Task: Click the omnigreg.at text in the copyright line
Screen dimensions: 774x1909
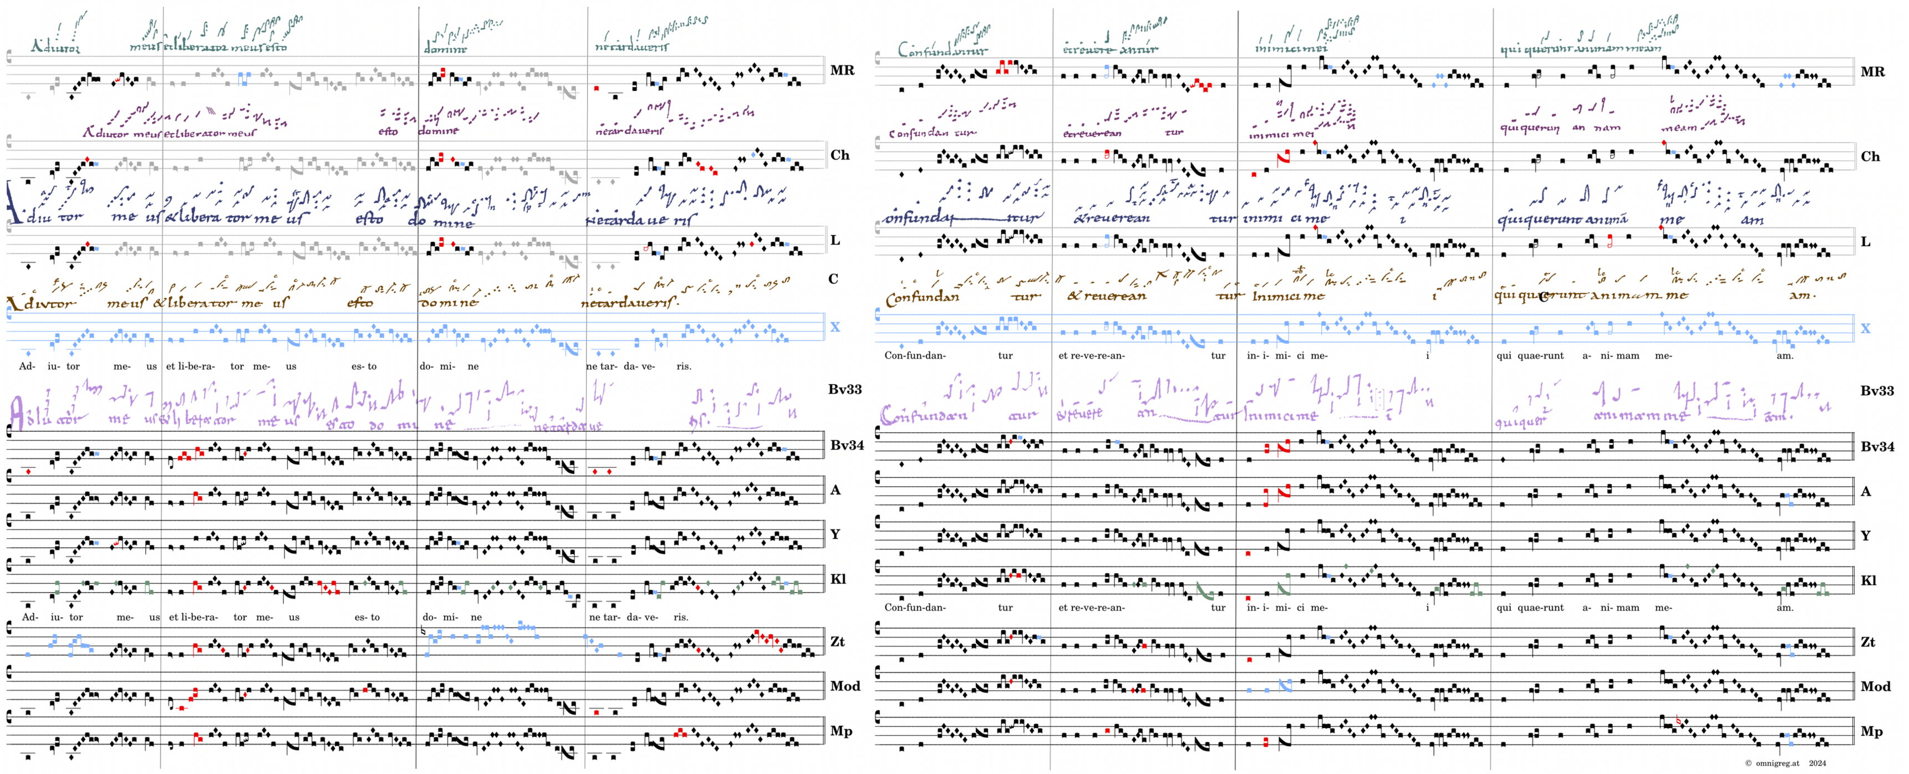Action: click(1777, 763)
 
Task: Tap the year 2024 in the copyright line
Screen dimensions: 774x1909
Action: click(1817, 763)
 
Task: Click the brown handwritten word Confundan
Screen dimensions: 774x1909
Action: click(922, 297)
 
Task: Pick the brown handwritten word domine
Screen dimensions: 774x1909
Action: click(449, 303)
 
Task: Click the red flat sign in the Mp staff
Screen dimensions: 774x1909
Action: click(1678, 720)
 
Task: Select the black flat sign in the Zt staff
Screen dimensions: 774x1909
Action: click(423, 632)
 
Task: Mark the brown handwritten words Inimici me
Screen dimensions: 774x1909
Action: click(1288, 297)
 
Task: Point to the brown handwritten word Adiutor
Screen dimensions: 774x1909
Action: click(41, 303)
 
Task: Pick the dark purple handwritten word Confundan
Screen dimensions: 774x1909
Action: click(919, 134)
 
